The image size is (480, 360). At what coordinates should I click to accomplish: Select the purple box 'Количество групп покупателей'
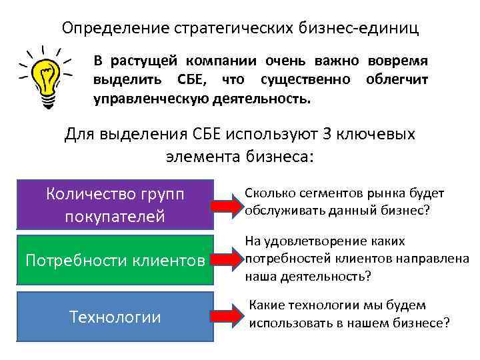click(x=114, y=205)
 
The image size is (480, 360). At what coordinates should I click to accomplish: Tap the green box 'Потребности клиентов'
click(x=114, y=259)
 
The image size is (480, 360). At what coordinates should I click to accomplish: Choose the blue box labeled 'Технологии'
click(x=114, y=316)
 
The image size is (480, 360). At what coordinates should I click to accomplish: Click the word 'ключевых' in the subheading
click(x=385, y=134)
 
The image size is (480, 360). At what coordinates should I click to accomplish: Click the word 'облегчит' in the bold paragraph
click(x=397, y=81)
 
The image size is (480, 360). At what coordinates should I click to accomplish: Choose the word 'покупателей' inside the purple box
click(x=114, y=217)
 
